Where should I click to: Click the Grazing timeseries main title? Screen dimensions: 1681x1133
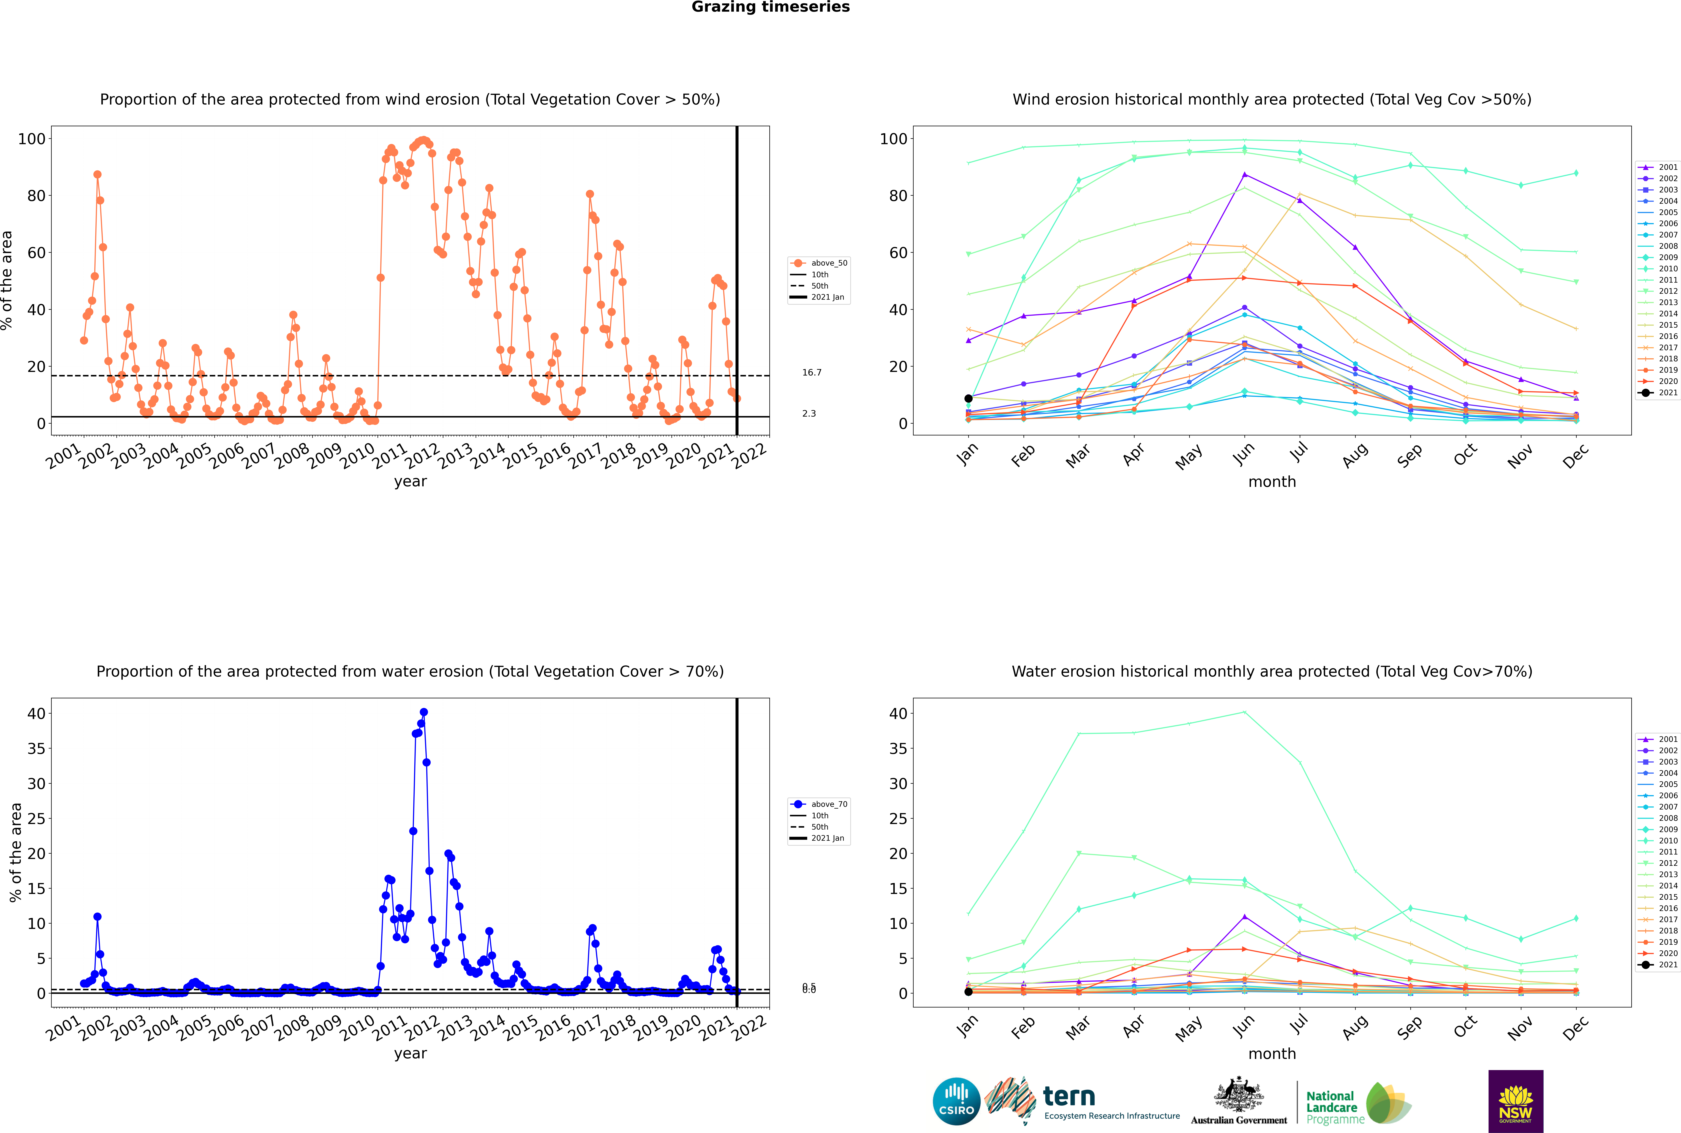(770, 7)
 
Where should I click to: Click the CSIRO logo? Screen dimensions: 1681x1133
(956, 1101)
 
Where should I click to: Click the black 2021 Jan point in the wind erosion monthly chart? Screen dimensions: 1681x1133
(968, 398)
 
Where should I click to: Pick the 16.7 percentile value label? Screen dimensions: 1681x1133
(812, 373)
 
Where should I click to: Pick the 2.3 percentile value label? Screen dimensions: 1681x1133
(809, 414)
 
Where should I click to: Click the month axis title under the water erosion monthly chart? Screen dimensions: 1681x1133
(1272, 1054)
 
